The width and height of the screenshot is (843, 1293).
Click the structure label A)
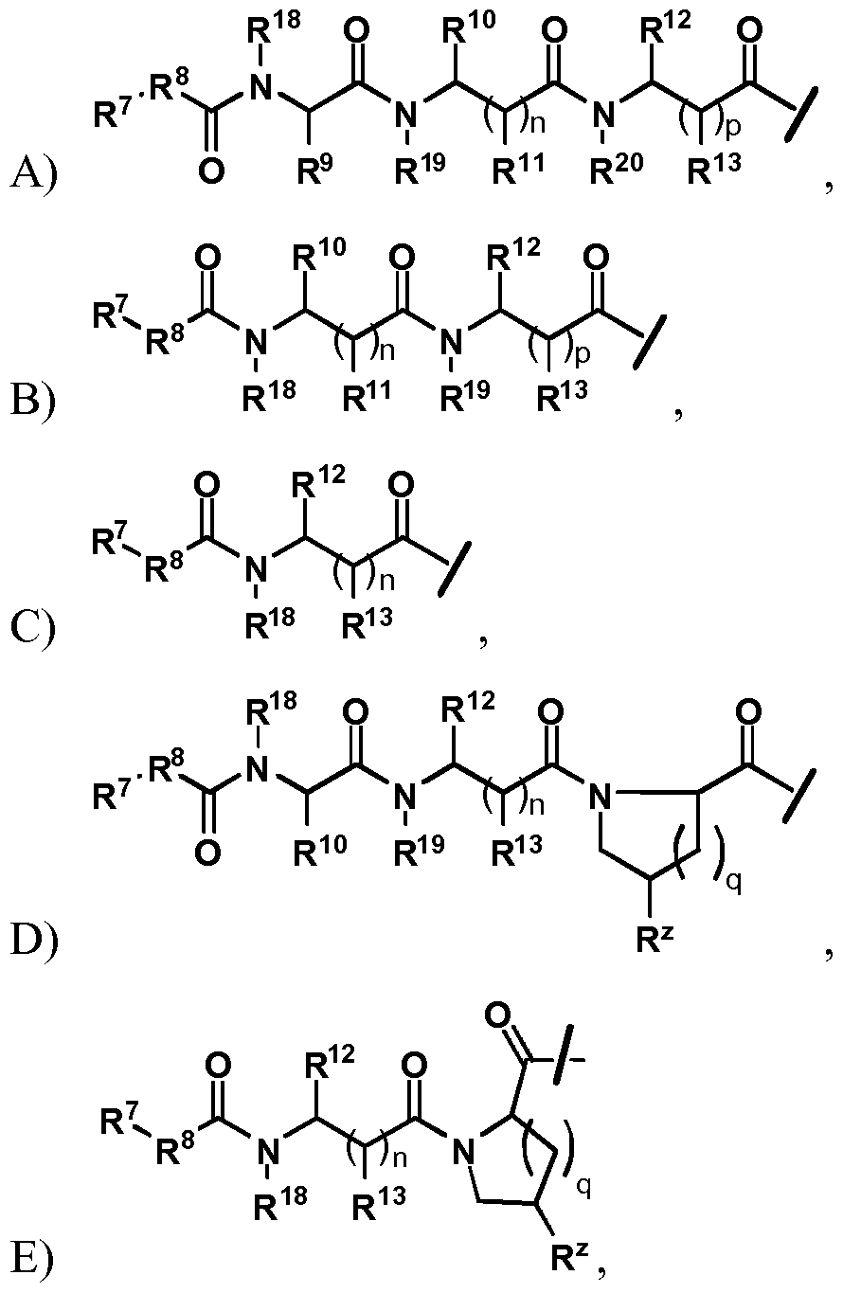pyautogui.click(x=35, y=173)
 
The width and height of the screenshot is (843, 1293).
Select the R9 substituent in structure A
pyautogui.click(x=315, y=168)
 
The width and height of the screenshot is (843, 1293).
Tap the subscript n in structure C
pyautogui.click(x=387, y=580)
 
